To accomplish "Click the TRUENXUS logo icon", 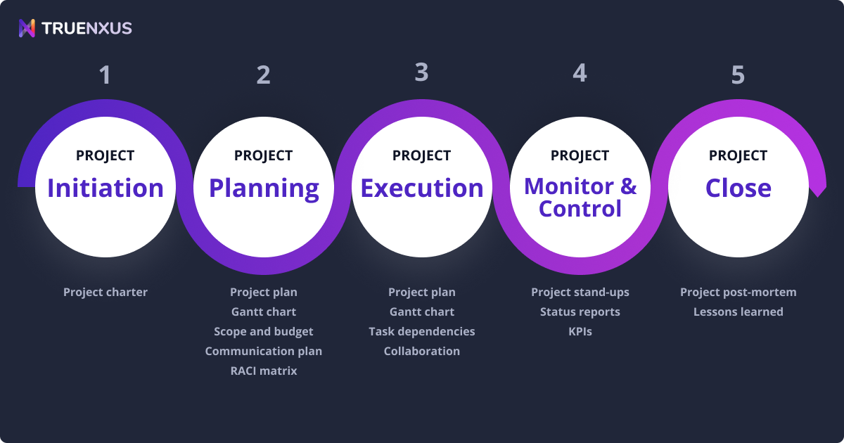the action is pos(27,28).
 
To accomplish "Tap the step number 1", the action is pos(105,75).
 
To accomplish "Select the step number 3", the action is pos(421,72).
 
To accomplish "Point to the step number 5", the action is pos(738,75).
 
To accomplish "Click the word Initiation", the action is pos(105,188).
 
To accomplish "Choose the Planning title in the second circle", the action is pos(264,188).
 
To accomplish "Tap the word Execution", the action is pos(422,188).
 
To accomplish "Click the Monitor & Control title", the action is pos(580,198).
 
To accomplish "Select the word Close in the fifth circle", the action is pos(738,188).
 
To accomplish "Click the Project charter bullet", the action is pos(105,292).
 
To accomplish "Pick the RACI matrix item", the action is pos(264,371).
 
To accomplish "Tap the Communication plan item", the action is pos(264,351).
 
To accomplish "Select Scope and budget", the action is pos(264,331).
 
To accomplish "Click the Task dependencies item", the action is pos(422,331).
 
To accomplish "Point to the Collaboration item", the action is pos(422,351).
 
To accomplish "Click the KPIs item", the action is pos(580,331).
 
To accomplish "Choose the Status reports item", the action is pos(580,312).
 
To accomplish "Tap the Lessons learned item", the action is pos(738,312).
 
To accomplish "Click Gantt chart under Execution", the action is pos(422,312).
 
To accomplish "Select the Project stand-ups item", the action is pos(580,292).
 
